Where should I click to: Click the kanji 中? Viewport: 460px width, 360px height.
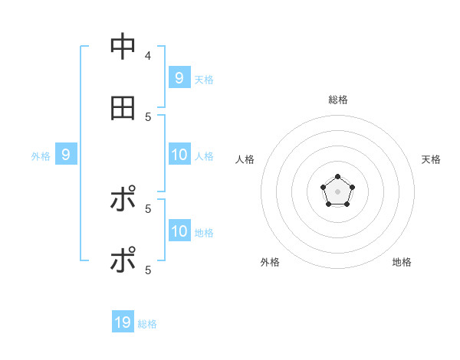pos(123,47)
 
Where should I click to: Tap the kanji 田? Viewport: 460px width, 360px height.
pos(123,108)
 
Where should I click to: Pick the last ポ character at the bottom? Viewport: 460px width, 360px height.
pos(123,260)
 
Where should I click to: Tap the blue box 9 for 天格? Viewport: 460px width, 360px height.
pos(179,77)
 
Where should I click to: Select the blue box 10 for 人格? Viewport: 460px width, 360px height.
pos(179,155)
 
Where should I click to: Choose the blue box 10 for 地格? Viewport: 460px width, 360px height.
pos(179,231)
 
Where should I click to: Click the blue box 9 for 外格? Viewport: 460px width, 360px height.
pos(66,155)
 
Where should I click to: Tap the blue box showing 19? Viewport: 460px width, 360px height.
pos(123,322)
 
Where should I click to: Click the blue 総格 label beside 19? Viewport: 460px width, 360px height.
pos(147,324)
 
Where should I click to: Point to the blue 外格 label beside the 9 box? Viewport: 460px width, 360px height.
pos(41,156)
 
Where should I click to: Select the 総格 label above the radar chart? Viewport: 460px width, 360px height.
pos(337,100)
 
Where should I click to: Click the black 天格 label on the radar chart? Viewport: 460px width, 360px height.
pos(431,159)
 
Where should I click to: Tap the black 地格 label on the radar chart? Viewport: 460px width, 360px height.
pos(402,262)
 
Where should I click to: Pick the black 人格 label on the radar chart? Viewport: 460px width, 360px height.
pos(245,159)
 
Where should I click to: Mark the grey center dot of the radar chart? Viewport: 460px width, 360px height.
pos(337,191)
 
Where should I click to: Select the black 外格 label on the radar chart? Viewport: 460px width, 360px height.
pos(270,262)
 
